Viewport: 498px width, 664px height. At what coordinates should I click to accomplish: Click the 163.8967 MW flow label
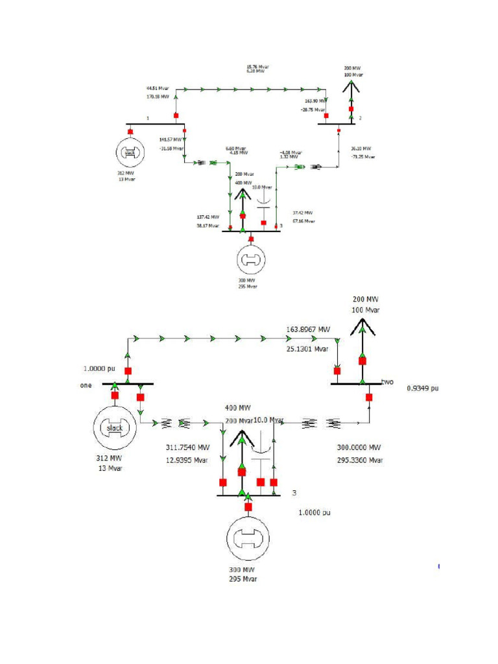(308, 329)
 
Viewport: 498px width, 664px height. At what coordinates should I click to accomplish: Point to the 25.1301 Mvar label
(308, 349)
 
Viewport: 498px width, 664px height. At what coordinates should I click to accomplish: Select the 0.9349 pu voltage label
(422, 388)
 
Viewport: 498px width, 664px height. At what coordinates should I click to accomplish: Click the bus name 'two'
(388, 381)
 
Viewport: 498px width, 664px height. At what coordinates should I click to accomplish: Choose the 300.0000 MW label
(359, 447)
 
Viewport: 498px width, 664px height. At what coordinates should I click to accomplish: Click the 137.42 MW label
(207, 217)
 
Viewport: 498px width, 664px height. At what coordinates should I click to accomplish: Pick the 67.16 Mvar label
(303, 221)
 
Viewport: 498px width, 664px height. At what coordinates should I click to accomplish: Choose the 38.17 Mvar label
(207, 226)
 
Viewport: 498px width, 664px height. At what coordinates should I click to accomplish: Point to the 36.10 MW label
(361, 148)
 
